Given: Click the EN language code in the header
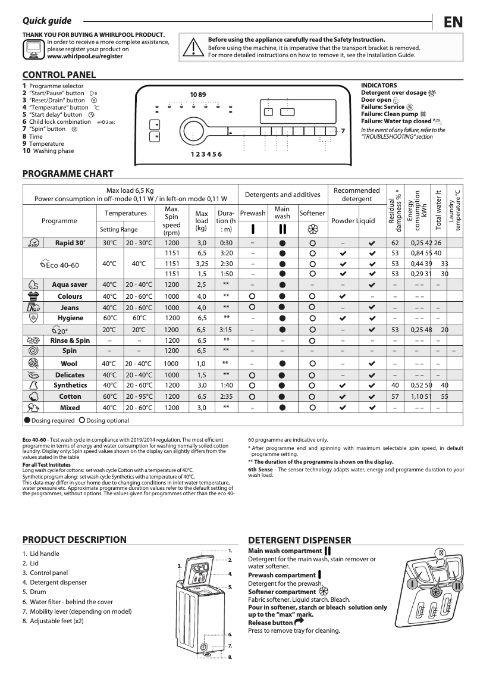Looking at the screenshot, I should click(453, 23).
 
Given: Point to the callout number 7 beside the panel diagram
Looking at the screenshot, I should click(343, 130).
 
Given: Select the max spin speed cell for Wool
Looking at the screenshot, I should click(171, 363).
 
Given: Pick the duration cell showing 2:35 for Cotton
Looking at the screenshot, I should click(225, 396).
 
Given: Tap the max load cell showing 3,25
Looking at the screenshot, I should click(202, 264).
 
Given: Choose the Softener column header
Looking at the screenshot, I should click(312, 213).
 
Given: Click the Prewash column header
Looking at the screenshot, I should click(253, 213).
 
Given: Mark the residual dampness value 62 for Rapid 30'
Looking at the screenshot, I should click(395, 243).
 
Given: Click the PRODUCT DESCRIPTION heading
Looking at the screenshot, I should click(74, 540).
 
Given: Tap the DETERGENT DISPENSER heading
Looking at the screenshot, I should click(299, 540).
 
